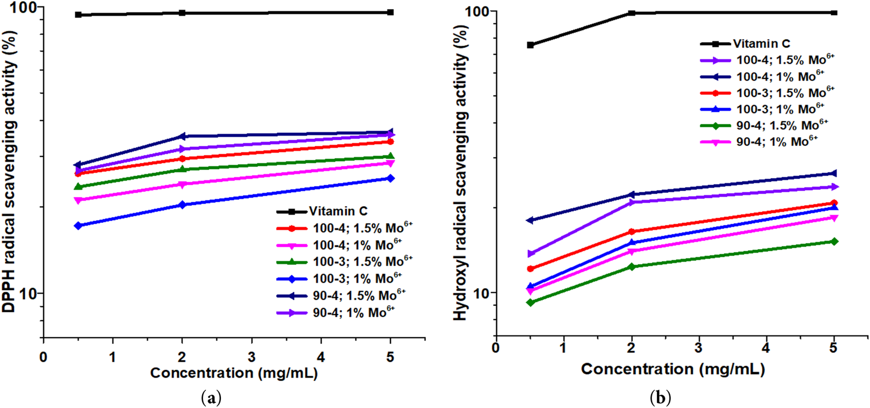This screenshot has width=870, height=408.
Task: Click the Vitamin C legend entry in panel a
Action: coord(338,211)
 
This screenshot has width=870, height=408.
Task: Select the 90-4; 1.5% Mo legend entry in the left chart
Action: coord(359,295)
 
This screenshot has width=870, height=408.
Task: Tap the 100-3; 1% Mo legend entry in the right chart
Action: coord(780,109)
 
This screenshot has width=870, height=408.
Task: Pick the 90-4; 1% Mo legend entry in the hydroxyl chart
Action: coord(777,141)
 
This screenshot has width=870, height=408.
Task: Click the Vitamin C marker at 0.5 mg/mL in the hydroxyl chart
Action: coord(530,45)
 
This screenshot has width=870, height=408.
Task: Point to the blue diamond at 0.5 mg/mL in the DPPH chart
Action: coord(78,225)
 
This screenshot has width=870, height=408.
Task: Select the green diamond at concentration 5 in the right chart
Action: coord(834,242)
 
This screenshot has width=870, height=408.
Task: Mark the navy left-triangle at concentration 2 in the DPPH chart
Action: coord(182,136)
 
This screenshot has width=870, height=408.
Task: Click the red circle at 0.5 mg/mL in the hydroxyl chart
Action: coord(530,269)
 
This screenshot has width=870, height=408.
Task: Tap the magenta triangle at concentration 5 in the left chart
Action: coord(390,163)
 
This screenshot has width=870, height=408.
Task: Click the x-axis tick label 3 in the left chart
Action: coord(252,357)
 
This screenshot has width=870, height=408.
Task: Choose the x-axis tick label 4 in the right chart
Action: coord(766,348)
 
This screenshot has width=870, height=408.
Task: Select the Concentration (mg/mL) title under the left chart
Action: coord(234,373)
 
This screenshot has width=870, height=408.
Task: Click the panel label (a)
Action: coord(211,398)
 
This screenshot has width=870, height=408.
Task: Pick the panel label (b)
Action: coord(660,398)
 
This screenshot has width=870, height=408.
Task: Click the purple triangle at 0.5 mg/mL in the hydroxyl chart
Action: coord(530,254)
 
